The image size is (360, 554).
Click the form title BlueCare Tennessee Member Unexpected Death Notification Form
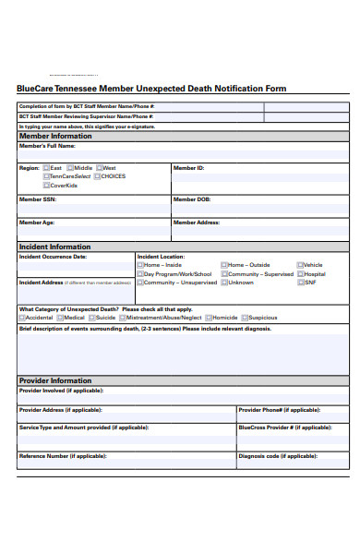tap(151, 89)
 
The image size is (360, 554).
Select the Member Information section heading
tap(55, 136)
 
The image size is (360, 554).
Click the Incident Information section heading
tap(54, 247)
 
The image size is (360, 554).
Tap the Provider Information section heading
tap(54, 380)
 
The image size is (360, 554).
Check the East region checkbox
tap(46, 168)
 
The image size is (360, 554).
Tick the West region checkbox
tap(99, 168)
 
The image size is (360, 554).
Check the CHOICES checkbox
tap(96, 176)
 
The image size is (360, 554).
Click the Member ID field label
tap(188, 168)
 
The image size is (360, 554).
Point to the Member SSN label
tap(37, 199)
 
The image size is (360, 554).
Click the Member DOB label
tap(192, 199)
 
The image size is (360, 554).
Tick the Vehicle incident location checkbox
tap(300, 265)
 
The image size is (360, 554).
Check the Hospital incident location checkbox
tap(300, 274)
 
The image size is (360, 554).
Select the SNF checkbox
tap(300, 283)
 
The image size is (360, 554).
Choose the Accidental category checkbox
tap(22, 318)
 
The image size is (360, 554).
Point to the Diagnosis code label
tap(279, 455)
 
